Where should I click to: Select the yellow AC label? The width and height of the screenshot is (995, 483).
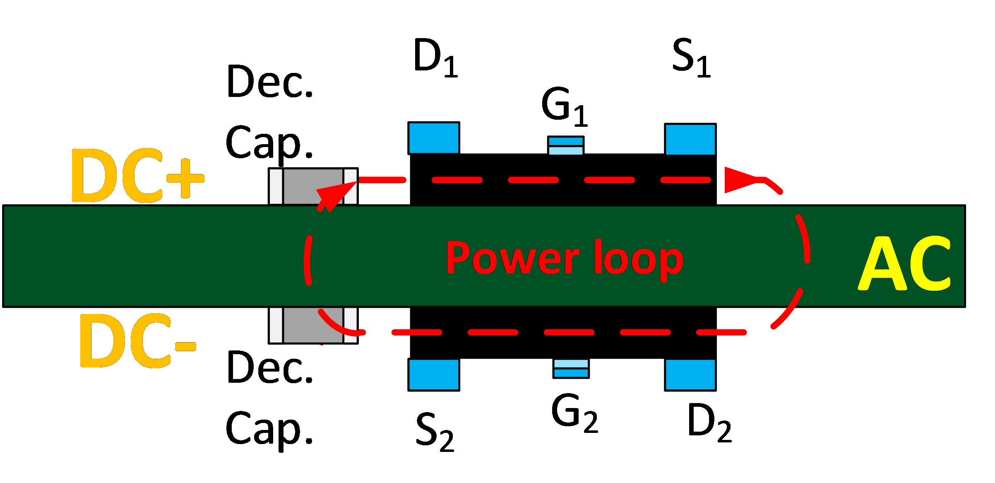pyautogui.click(x=904, y=263)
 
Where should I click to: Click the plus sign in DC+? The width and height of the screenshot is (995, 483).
pyautogui.click(x=185, y=178)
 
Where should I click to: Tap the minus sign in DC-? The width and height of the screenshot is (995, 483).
pyautogui.click(x=185, y=346)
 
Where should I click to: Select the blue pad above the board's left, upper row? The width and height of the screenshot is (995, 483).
pyautogui.click(x=433, y=138)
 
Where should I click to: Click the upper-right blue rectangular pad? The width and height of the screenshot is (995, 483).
pyautogui.click(x=690, y=140)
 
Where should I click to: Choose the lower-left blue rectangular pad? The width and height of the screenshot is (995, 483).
pyautogui.click(x=433, y=374)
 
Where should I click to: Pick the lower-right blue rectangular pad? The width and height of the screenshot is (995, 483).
pyautogui.click(x=690, y=374)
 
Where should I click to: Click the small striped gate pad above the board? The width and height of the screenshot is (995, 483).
pyautogui.click(x=565, y=146)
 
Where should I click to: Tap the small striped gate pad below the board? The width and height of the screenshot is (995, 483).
pyautogui.click(x=571, y=368)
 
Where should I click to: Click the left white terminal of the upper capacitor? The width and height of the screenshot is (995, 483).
pyautogui.click(x=276, y=186)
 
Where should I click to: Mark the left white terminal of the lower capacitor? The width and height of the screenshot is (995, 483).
pyautogui.click(x=276, y=325)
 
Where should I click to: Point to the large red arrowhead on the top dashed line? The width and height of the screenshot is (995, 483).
pyautogui.click(x=741, y=180)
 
